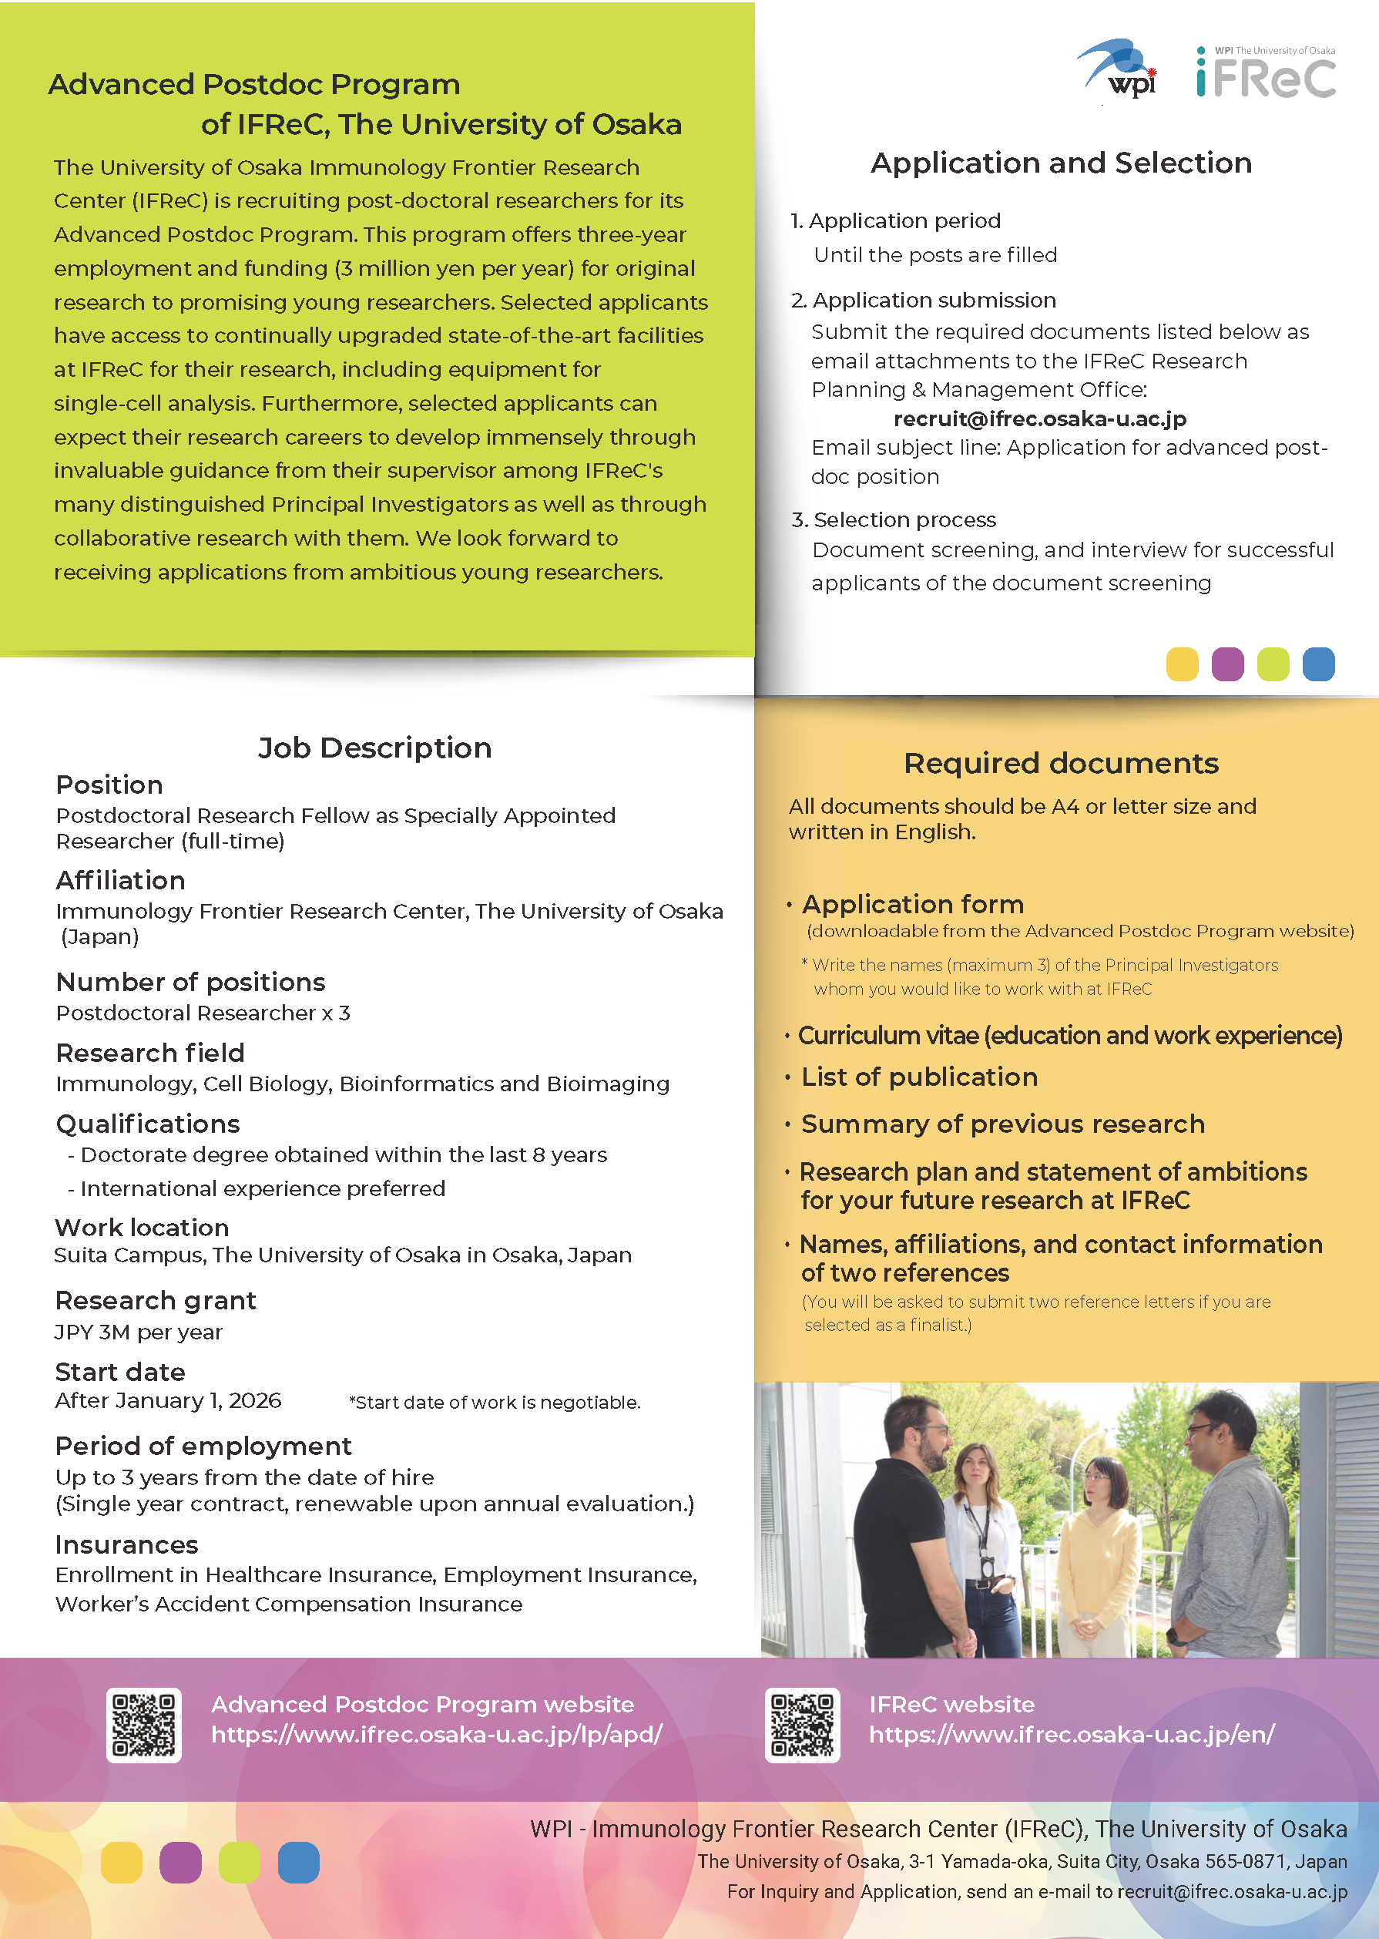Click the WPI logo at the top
click(x=1119, y=69)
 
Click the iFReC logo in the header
click(x=1265, y=75)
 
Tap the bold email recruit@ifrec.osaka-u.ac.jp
click(x=1039, y=418)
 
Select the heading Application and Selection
click(x=1061, y=163)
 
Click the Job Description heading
click(x=374, y=748)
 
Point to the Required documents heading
click(x=1061, y=763)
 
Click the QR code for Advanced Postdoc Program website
click(x=143, y=1725)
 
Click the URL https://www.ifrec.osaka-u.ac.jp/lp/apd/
click(x=437, y=1734)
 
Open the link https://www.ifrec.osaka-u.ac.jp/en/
click(x=1072, y=1734)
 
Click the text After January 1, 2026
click(x=168, y=1400)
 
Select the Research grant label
click(x=156, y=1300)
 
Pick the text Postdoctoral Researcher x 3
click(x=203, y=1013)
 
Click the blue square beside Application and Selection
click(x=1318, y=664)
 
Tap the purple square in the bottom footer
click(x=180, y=1863)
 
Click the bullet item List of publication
click(x=919, y=1077)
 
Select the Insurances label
click(x=126, y=1544)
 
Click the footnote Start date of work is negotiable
click(x=495, y=1402)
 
